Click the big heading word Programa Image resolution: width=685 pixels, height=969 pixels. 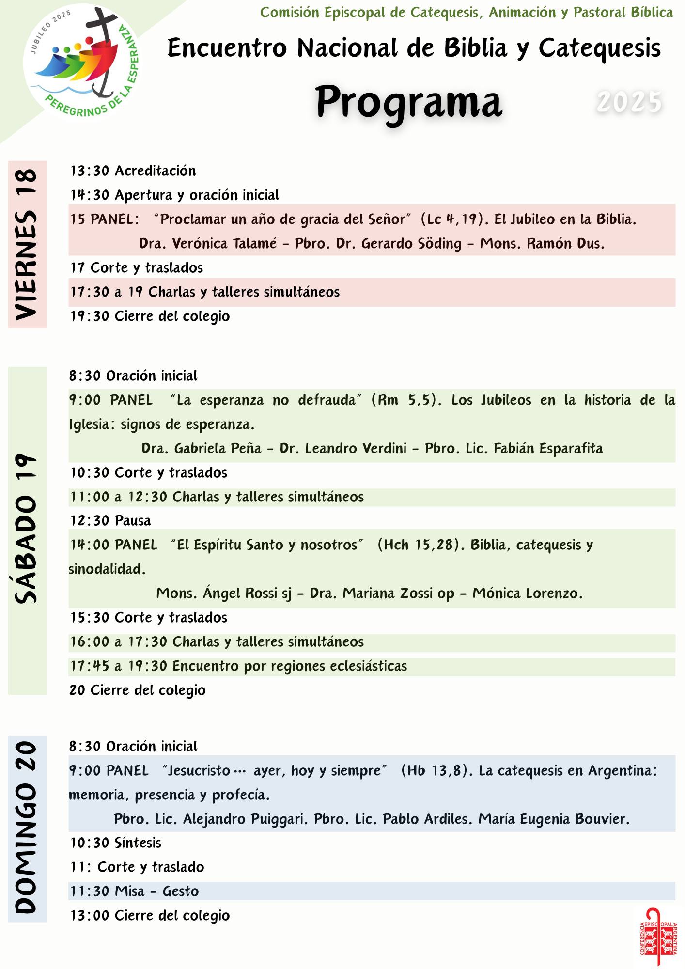409,102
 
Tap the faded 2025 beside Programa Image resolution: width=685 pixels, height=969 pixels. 629,102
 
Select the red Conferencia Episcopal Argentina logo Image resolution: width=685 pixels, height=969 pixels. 658,938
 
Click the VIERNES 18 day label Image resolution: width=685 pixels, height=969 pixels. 27,245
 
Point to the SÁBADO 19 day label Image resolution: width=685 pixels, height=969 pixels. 27,530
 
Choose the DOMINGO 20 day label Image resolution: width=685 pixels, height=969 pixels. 27,828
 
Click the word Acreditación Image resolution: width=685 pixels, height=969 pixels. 155,171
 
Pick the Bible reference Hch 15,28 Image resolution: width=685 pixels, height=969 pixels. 418,545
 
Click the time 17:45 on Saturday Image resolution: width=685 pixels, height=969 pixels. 90,666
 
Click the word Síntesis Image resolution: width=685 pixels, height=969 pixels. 138,843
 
